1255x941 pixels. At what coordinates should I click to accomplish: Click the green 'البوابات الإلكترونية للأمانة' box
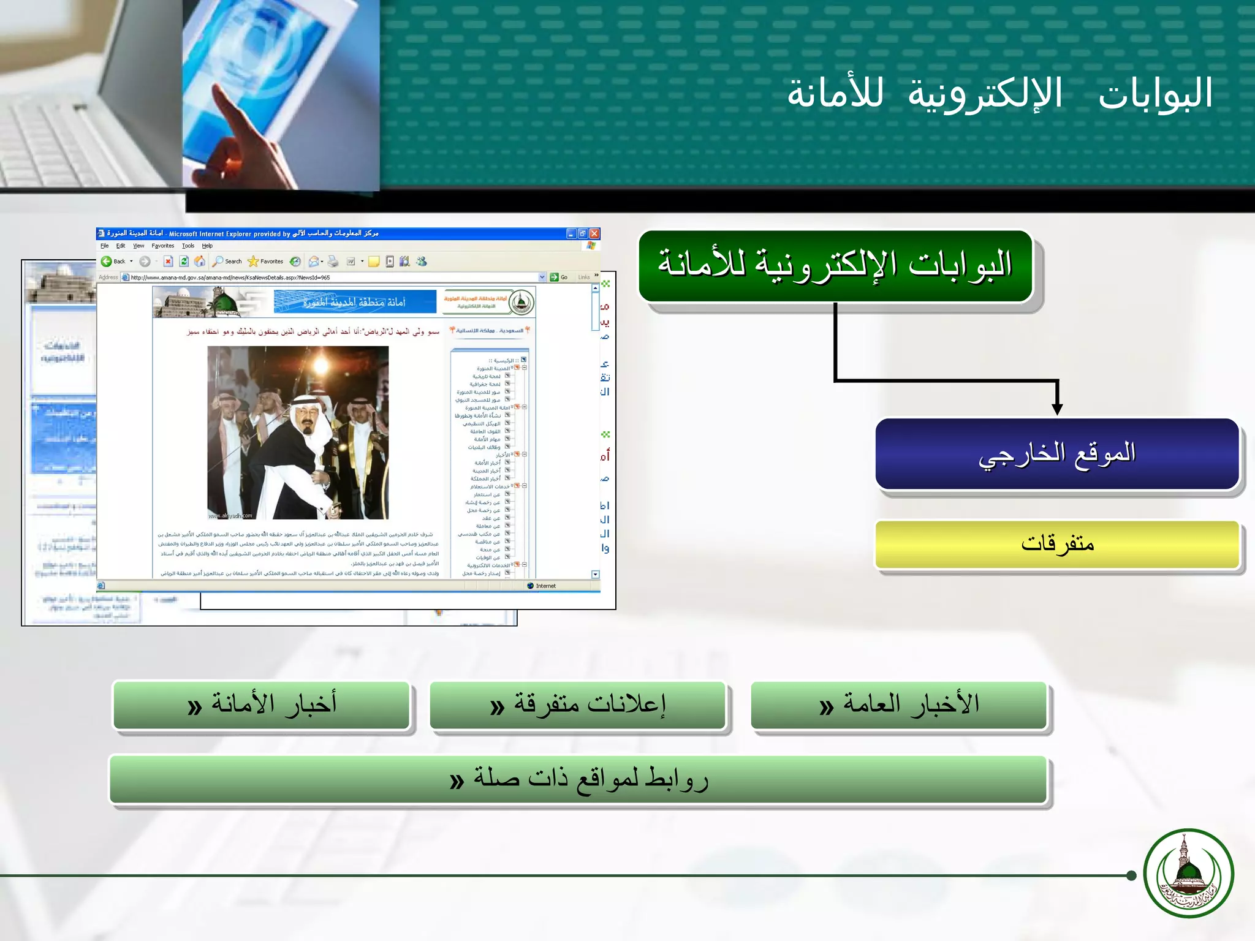[x=835, y=266]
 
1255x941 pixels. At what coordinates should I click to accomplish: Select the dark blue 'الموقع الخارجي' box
[x=1057, y=454]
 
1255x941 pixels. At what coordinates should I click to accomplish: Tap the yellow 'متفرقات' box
[x=1057, y=544]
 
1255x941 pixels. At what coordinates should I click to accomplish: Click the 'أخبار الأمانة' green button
[x=262, y=705]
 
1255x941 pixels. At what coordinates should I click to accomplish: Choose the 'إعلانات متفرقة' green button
[x=578, y=705]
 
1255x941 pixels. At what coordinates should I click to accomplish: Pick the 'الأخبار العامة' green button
[x=899, y=705]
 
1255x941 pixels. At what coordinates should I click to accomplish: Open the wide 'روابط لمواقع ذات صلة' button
[x=578, y=779]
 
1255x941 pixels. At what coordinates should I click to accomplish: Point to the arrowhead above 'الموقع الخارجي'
[x=1057, y=409]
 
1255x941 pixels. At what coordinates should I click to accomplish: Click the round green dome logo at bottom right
[x=1188, y=874]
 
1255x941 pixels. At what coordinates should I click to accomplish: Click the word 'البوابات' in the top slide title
[x=1155, y=94]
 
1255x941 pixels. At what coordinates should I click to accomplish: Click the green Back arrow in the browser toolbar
[x=107, y=262]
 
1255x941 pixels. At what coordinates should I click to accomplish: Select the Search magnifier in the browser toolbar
[x=218, y=262]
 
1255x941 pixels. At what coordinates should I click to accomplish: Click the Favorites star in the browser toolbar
[x=253, y=262]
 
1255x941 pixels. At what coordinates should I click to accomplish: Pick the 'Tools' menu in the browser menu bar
[x=188, y=246]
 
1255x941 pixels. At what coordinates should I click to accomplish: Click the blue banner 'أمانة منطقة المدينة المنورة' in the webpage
[x=355, y=302]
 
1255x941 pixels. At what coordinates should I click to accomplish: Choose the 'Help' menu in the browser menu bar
[x=207, y=246]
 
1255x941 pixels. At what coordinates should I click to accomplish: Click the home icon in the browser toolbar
[x=200, y=262]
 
